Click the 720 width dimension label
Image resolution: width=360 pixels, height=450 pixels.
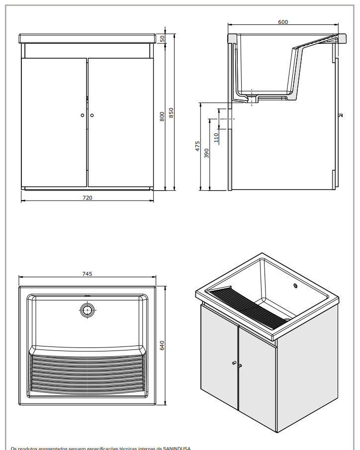pos(87,198)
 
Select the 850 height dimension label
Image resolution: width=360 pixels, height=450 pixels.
pos(171,113)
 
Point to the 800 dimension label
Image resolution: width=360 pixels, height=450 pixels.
pos(162,116)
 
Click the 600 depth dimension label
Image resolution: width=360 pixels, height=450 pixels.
pos(283,22)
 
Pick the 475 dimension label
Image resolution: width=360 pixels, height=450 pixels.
pos(197,146)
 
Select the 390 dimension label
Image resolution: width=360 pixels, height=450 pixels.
pos(207,153)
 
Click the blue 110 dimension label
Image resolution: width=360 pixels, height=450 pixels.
pos(216,138)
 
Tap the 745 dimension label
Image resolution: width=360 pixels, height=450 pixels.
pos(87,274)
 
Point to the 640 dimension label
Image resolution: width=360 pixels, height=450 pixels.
pos(162,345)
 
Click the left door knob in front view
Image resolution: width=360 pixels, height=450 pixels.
pos(83,115)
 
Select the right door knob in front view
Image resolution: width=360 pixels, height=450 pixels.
pos(92,115)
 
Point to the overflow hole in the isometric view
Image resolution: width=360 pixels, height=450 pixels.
pos(295,286)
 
